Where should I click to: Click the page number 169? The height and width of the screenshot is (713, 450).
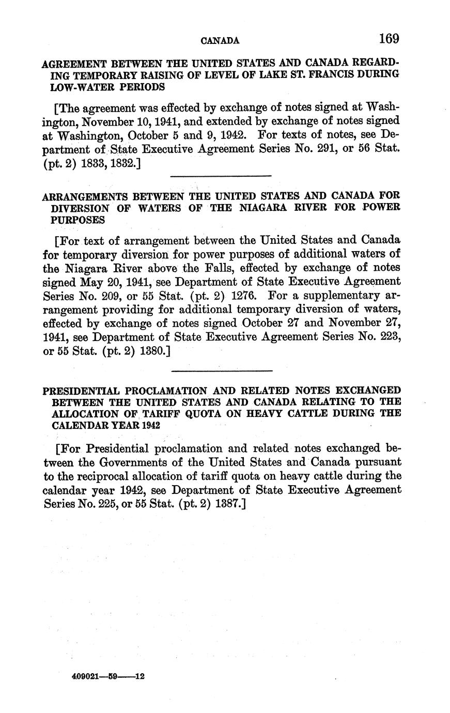pos(389,38)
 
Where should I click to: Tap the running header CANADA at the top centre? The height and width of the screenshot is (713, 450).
pos(220,40)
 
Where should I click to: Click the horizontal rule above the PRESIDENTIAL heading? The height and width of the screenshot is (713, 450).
pos(221,370)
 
